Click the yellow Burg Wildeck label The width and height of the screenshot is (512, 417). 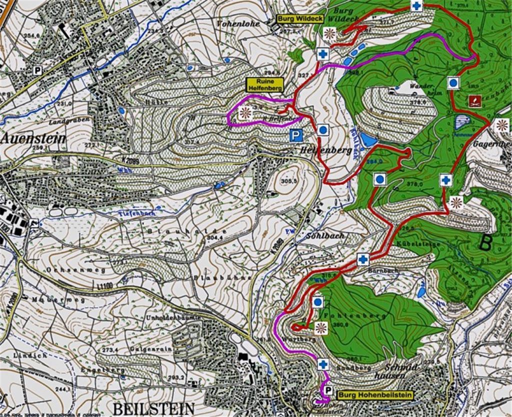(x=300, y=19)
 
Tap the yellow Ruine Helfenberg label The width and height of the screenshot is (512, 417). (x=265, y=84)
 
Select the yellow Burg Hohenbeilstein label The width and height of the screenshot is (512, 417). (x=375, y=395)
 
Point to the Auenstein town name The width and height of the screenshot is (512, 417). (x=33, y=138)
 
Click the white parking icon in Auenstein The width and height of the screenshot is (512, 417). (x=37, y=70)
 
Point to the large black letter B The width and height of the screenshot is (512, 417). (x=484, y=243)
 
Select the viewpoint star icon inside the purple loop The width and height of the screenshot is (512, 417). (x=244, y=113)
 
